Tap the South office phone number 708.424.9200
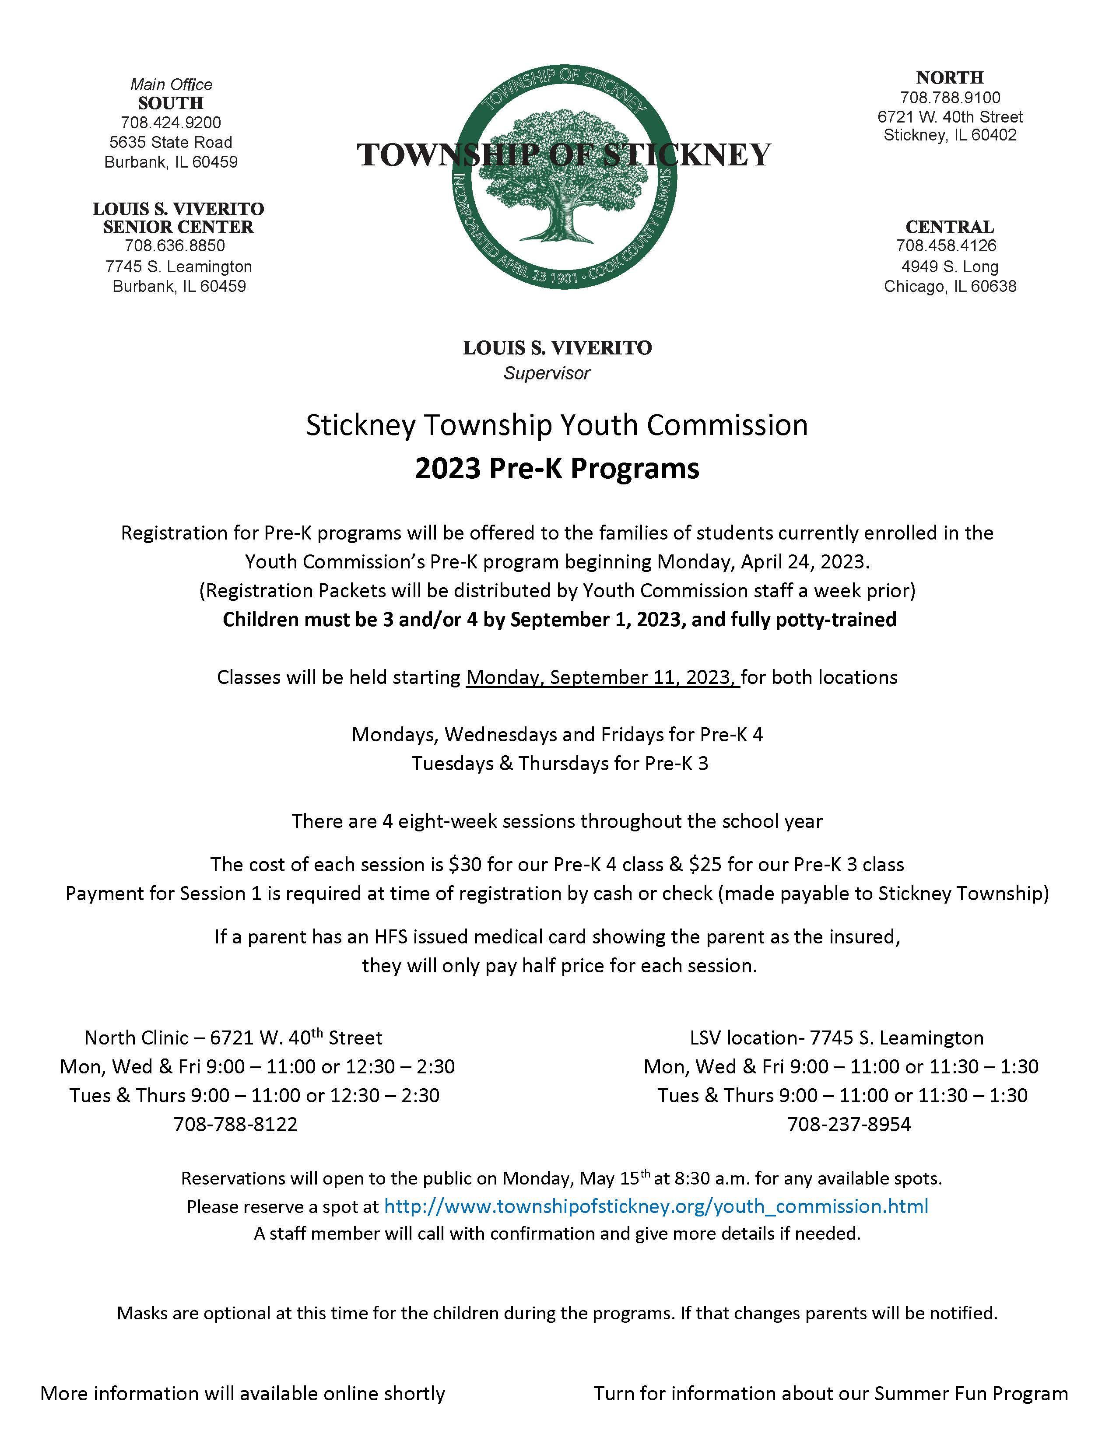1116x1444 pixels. tap(171, 123)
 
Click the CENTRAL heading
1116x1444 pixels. tap(949, 227)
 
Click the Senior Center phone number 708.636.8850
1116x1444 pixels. tap(175, 246)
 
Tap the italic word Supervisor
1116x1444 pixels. tap(547, 374)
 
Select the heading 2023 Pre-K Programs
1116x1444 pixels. tap(557, 469)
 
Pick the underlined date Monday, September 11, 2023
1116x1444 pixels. tap(602, 678)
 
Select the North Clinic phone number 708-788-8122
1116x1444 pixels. tap(235, 1125)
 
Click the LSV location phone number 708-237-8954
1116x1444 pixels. tap(849, 1125)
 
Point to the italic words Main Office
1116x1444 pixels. tap(171, 84)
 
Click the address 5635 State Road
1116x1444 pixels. tap(171, 142)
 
